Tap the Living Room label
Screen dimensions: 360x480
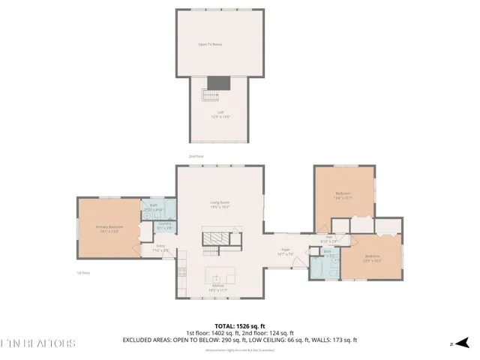(219, 204)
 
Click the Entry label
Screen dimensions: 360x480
(160, 247)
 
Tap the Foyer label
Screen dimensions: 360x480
(286, 251)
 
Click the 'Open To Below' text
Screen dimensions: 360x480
(210, 44)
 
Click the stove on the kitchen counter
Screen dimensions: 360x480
(181, 272)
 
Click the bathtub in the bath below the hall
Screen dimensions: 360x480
(316, 269)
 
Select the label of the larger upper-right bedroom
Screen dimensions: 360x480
(343, 196)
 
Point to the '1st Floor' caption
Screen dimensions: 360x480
(83, 273)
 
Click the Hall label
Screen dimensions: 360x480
(330, 239)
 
